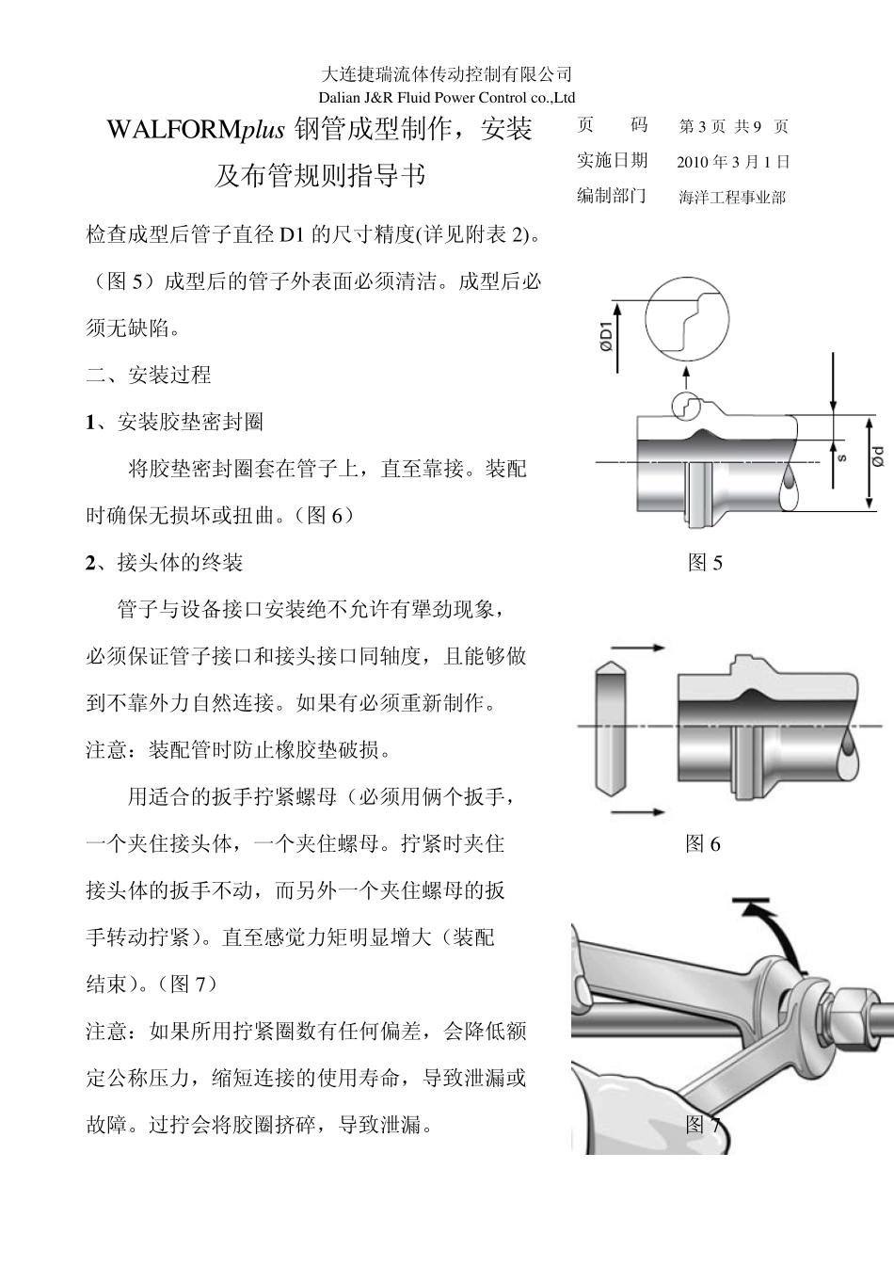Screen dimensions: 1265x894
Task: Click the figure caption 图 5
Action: pyautogui.click(x=705, y=563)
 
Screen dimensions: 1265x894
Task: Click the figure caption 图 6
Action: pyautogui.click(x=703, y=843)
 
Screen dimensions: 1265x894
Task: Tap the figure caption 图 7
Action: pyautogui.click(x=703, y=1124)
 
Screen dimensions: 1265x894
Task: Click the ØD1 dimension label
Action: pyautogui.click(x=607, y=334)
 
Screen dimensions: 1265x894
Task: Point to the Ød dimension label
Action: pyautogui.click(x=876, y=458)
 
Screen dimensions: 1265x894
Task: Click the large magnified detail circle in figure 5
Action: pyautogui.click(x=691, y=321)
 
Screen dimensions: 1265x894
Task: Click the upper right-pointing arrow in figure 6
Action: pyautogui.click(x=638, y=648)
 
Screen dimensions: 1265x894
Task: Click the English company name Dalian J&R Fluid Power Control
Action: pyautogui.click(x=446, y=97)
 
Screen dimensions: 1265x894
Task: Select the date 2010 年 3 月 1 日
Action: pyautogui.click(x=733, y=162)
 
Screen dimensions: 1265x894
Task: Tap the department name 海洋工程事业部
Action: pyautogui.click(x=731, y=198)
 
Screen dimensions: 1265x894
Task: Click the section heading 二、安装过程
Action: pyautogui.click(x=149, y=376)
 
